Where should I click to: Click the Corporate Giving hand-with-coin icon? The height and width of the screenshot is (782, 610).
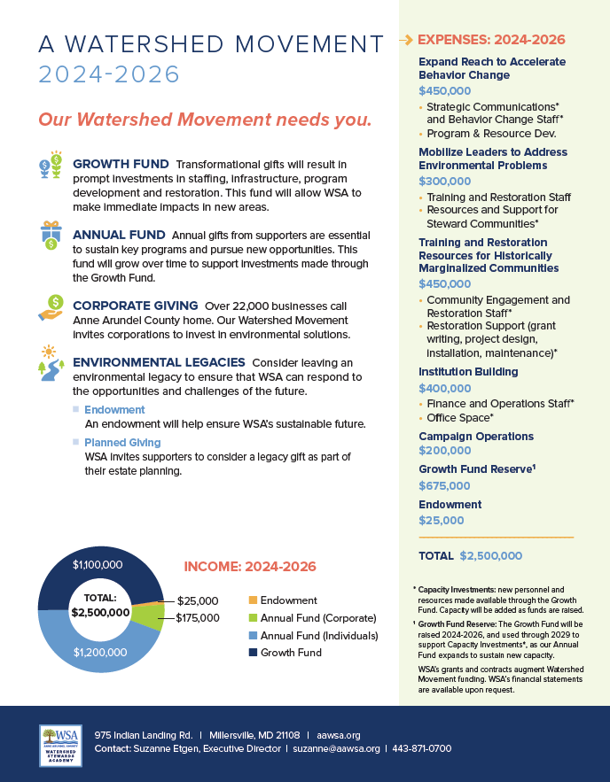[x=50, y=306]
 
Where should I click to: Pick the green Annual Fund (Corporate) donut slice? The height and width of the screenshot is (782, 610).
[x=152, y=616]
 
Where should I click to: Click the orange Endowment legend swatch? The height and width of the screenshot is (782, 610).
[x=252, y=600]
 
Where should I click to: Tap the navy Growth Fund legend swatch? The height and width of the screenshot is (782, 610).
[x=252, y=652]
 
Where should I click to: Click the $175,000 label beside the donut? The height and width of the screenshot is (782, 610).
[x=198, y=617]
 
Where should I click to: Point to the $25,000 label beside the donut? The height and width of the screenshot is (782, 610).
[x=198, y=600]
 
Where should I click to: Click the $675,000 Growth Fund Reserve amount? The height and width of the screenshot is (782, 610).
[x=444, y=485]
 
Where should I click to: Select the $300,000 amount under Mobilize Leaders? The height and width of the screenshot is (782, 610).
[x=444, y=181]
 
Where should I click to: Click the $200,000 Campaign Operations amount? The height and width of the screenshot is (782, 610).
[x=444, y=451]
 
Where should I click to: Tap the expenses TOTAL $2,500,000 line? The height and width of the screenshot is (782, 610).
[x=470, y=555]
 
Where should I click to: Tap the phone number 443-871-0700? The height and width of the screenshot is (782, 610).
[x=422, y=748]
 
